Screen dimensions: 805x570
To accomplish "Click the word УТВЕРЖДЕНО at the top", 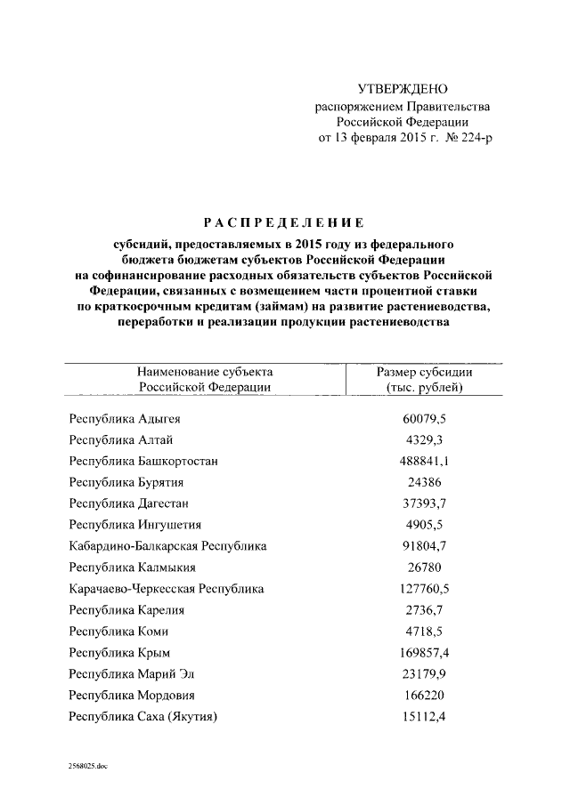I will click(402, 90).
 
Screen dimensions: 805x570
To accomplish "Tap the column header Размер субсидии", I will click(424, 372).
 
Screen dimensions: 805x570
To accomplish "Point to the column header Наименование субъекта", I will click(205, 372).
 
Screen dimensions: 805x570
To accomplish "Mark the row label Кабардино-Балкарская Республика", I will click(167, 545).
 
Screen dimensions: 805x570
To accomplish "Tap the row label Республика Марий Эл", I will click(135, 673).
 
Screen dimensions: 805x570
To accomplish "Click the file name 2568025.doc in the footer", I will click(89, 765).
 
